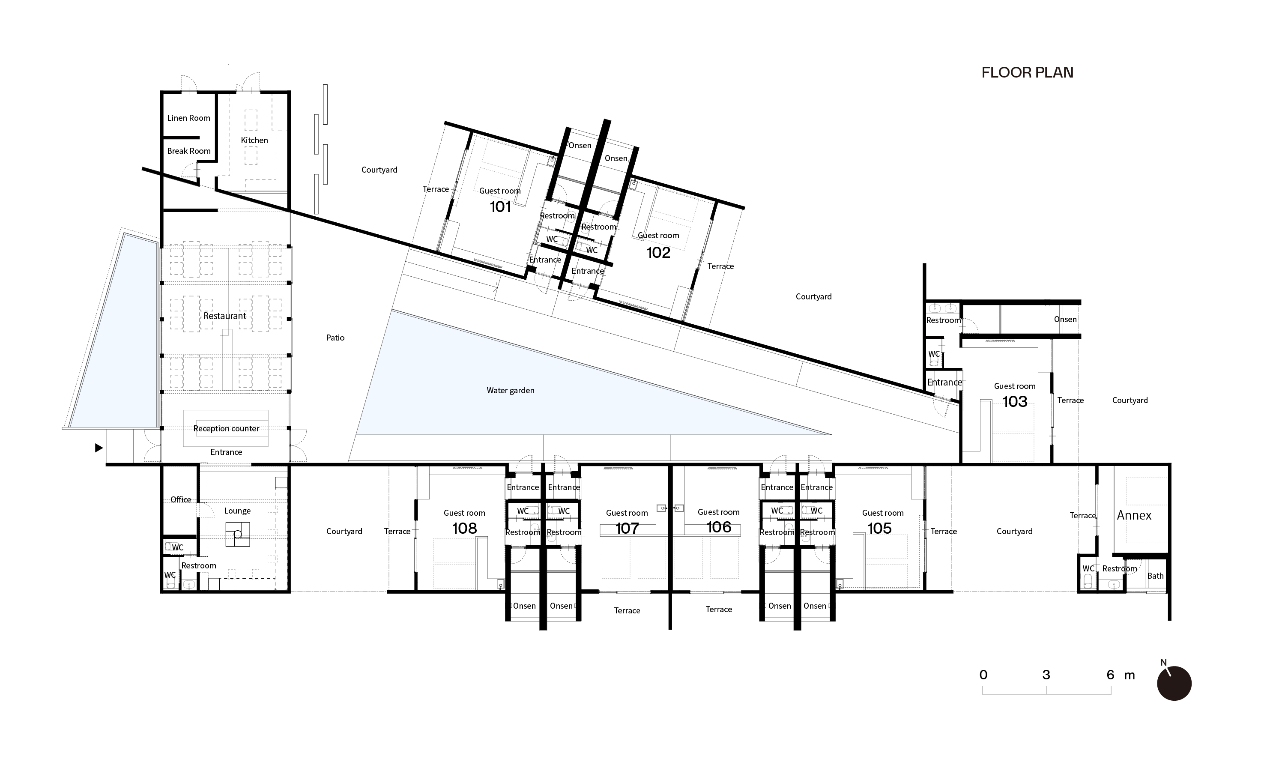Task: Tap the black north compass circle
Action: pos(1174,683)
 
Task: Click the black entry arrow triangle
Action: pos(99,448)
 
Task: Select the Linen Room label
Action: pos(188,118)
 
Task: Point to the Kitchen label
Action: pos(254,140)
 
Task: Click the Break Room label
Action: pos(188,151)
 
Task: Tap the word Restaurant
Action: pos(225,316)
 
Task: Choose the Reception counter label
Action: pos(227,429)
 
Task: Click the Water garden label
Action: pos(511,391)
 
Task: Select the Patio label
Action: pos(335,338)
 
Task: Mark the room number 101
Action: pos(500,207)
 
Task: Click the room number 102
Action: pos(658,252)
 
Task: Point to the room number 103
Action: pos(1015,402)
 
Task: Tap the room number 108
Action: pos(464,529)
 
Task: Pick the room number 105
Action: pos(879,529)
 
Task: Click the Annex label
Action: pos(1134,515)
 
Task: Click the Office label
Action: pos(181,500)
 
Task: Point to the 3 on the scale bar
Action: pos(1046,675)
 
